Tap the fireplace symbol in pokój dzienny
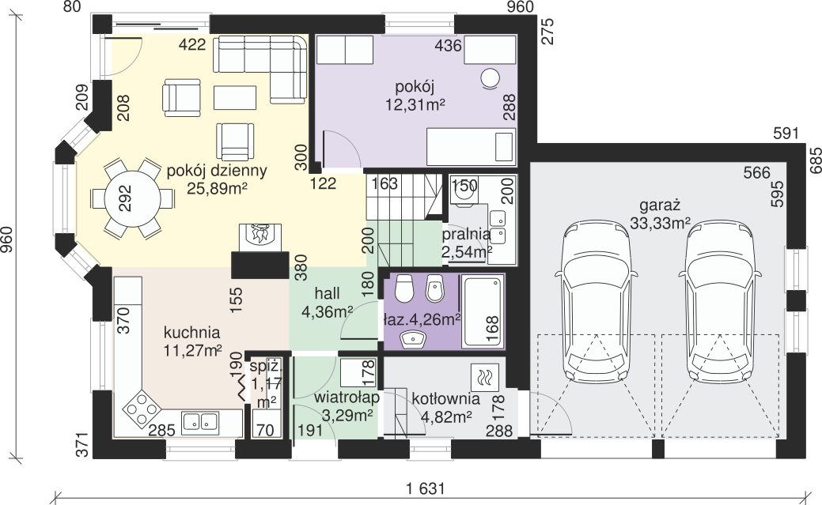pyautogui.click(x=260, y=238)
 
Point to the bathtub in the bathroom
pyautogui.click(x=483, y=311)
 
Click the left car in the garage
pyautogui.click(x=597, y=302)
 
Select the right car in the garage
pyautogui.click(x=720, y=302)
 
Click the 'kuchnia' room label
pyautogui.click(x=192, y=333)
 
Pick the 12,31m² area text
pyautogui.click(x=415, y=105)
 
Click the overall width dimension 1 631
pyautogui.click(x=425, y=489)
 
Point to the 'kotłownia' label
pyautogui.click(x=445, y=398)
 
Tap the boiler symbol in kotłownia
pyautogui.click(x=484, y=378)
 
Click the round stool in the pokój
pyautogui.click(x=491, y=79)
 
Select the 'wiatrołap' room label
pyautogui.click(x=347, y=398)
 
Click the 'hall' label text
pyautogui.click(x=327, y=293)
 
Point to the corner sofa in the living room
pyautogui.click(x=260, y=69)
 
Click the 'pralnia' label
pyautogui.click(x=466, y=234)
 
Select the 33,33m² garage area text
pyautogui.click(x=660, y=223)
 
